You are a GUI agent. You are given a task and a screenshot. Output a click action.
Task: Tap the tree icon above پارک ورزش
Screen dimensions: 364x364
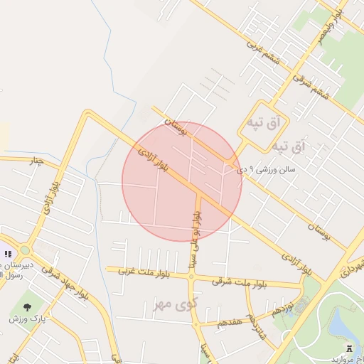pyautogui.click(x=27, y=307)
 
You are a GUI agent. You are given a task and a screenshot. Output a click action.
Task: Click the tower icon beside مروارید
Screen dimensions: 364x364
pyautogui.click(x=349, y=346)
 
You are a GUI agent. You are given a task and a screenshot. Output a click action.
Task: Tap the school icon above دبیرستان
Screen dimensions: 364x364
pyautogui.click(x=8, y=254)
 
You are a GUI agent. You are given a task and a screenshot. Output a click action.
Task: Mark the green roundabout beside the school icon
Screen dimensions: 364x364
pyautogui.click(x=26, y=250)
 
